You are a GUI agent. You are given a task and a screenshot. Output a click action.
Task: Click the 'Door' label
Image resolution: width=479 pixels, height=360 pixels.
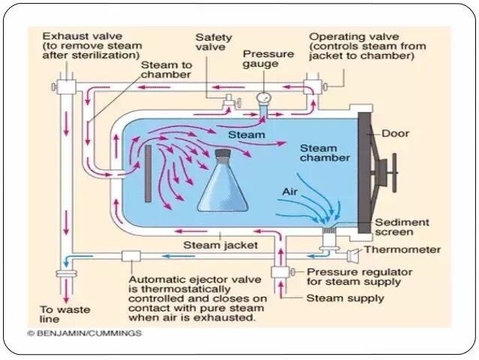[x=396, y=134]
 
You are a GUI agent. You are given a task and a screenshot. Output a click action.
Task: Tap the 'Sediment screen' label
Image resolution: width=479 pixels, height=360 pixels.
[x=402, y=228]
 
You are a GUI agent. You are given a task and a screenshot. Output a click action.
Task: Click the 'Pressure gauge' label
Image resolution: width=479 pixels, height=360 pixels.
[x=263, y=59]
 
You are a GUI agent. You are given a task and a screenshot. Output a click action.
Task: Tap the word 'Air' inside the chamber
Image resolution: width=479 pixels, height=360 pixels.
[x=291, y=192]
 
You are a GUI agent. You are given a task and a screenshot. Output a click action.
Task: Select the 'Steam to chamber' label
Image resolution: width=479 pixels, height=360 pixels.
[x=167, y=70]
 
